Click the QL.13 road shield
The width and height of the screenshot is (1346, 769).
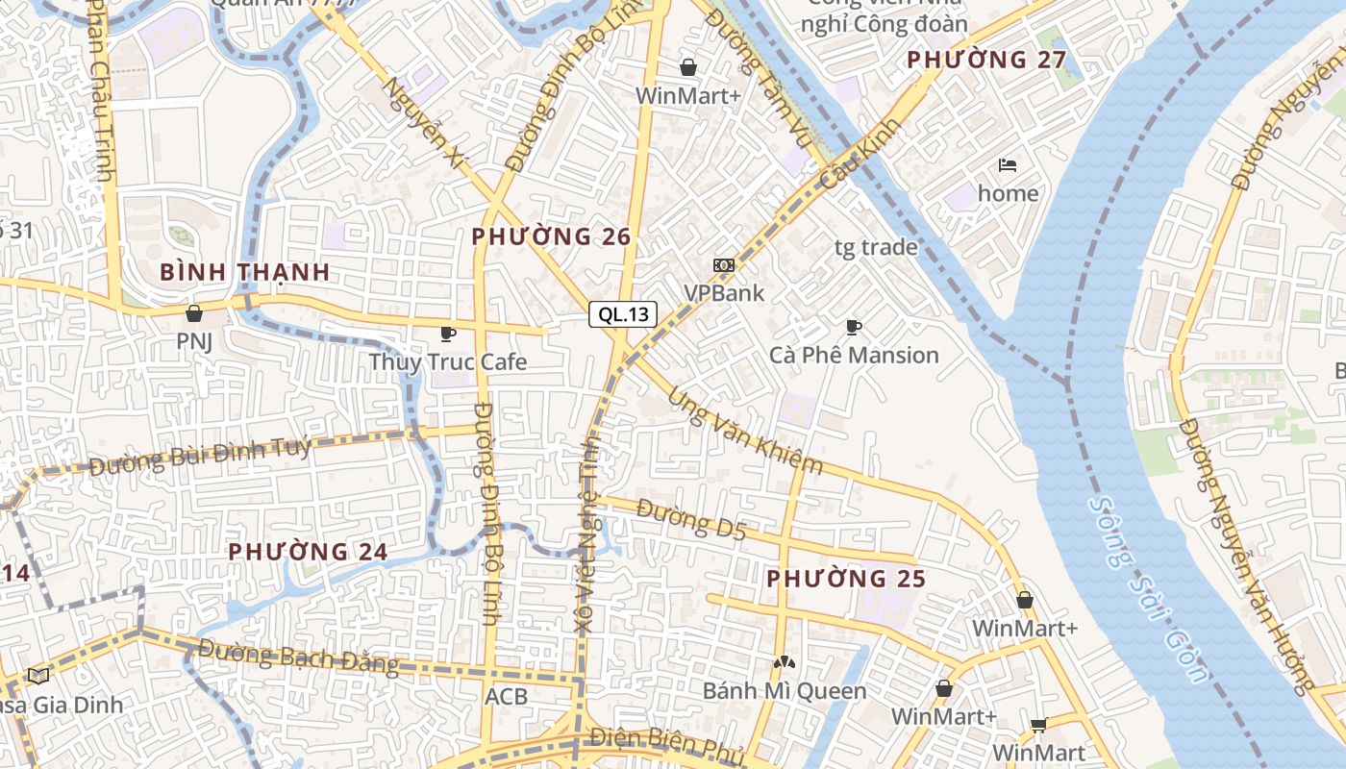coord(623,314)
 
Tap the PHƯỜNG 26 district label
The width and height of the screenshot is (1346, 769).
coord(551,236)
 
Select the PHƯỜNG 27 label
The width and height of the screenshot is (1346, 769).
coord(986,60)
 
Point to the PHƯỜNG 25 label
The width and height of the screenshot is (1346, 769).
coord(846,579)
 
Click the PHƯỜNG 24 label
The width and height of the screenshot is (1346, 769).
coord(308,552)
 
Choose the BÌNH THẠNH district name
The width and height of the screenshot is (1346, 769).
coord(245,272)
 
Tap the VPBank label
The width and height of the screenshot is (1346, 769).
coord(724,293)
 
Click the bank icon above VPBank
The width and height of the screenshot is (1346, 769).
coord(724,265)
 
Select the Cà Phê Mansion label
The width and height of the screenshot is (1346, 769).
coord(854,356)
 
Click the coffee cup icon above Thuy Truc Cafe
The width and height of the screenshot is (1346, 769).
coord(447,334)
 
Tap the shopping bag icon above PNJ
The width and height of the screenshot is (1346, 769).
coord(194,313)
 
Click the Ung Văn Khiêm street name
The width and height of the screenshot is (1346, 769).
coord(746,432)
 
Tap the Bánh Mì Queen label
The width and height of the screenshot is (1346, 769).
coord(785,691)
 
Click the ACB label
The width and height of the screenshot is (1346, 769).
coord(507,696)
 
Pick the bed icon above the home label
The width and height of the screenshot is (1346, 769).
coord(1008,165)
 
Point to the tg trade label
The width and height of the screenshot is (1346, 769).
coord(876,248)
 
